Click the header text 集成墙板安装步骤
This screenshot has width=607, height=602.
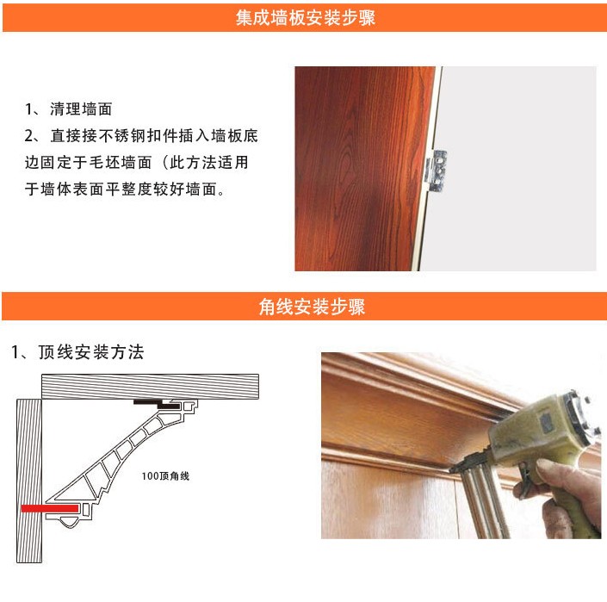click(x=305, y=18)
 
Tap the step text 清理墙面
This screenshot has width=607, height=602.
click(x=81, y=109)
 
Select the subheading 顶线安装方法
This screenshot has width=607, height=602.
click(x=91, y=352)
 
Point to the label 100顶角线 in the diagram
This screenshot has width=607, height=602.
click(x=166, y=475)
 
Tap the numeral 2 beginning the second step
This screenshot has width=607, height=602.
click(x=28, y=136)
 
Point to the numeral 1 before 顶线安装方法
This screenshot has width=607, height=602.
click(x=15, y=352)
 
